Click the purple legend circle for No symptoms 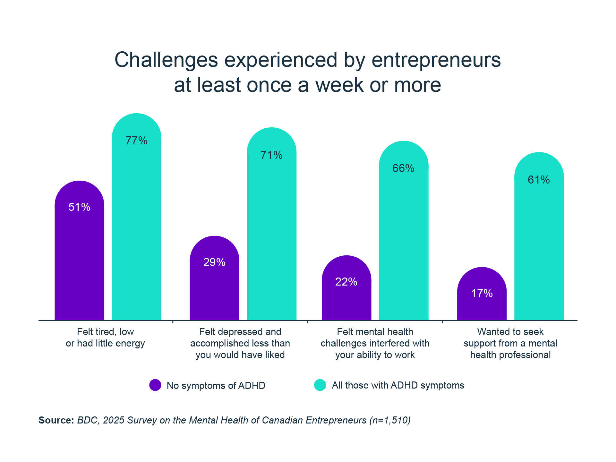(x=155, y=385)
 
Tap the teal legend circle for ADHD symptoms (x=320, y=385)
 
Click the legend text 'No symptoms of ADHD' (x=216, y=385)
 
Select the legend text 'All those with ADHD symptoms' (x=398, y=385)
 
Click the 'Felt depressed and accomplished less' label (x=240, y=343)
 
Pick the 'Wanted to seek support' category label (x=510, y=343)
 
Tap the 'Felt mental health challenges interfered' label (x=375, y=343)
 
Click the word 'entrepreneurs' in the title (x=436, y=60)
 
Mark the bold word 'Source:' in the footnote (x=56, y=420)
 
